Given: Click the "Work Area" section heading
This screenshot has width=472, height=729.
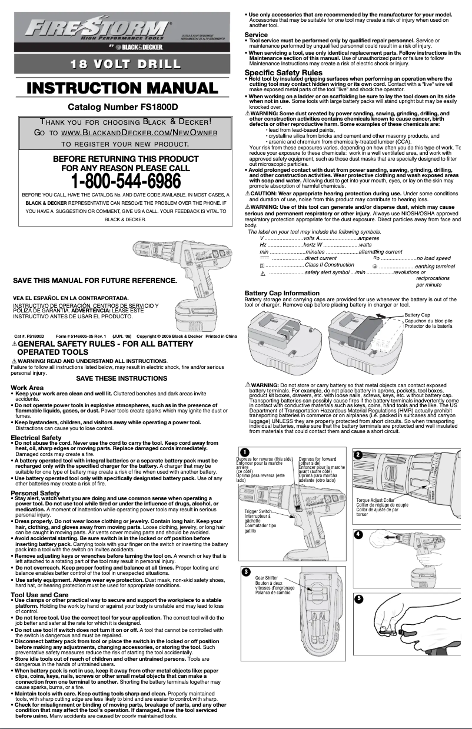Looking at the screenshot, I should (27, 388).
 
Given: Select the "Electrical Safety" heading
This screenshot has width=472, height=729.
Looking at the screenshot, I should (36, 438).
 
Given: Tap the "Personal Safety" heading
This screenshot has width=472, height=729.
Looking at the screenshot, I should (35, 492).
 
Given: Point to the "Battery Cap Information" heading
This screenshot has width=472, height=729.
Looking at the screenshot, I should (282, 293).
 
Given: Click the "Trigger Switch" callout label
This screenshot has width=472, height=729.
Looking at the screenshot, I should (258, 511).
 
